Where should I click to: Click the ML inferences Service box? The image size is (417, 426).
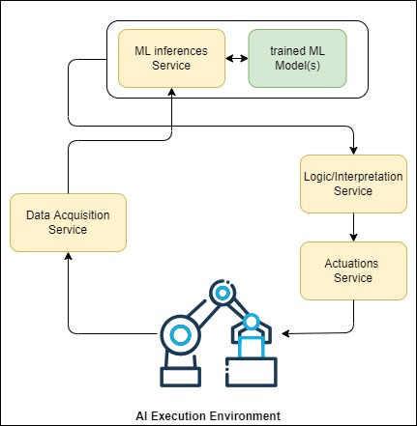171,58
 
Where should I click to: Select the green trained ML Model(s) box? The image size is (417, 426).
297,58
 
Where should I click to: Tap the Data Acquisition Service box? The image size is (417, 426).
68,222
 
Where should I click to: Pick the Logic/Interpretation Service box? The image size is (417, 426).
353,184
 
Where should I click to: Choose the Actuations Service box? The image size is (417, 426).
353,270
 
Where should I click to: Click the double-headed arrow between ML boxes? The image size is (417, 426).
237,58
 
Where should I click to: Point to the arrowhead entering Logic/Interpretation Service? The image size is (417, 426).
354,151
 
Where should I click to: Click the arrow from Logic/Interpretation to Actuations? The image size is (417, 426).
353,227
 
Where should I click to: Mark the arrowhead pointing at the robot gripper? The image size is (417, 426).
285,333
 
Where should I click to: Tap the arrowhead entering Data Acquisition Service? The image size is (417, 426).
68,256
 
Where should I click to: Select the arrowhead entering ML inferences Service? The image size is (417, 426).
171,92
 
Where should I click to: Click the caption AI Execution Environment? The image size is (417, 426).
208,415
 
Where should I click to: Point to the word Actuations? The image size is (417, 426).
351,264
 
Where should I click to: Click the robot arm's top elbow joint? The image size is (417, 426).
223,293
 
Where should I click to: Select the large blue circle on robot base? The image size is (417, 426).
180,335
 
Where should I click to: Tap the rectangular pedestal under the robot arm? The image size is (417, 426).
181,377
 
